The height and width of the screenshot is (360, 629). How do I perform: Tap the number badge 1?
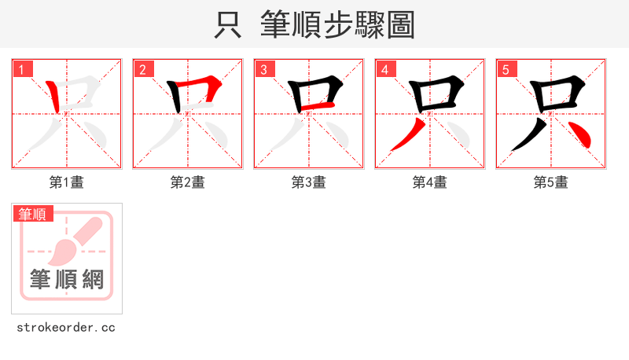click(x=22, y=69)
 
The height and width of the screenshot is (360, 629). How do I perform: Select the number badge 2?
click(x=143, y=69)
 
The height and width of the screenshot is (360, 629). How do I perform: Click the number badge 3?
click(x=264, y=69)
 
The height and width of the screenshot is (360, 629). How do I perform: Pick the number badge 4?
click(x=385, y=69)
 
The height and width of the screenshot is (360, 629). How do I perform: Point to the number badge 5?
click(x=506, y=69)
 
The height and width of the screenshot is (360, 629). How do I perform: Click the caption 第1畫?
click(x=67, y=182)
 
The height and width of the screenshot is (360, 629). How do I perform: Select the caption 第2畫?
click(x=188, y=182)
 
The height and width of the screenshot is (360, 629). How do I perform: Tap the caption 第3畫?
click(x=309, y=182)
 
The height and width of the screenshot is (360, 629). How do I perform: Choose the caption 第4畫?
click(x=430, y=182)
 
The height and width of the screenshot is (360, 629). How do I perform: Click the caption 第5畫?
click(x=551, y=182)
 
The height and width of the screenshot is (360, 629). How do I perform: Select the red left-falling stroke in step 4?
click(x=406, y=136)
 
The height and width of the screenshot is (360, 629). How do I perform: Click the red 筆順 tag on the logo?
click(x=33, y=214)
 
